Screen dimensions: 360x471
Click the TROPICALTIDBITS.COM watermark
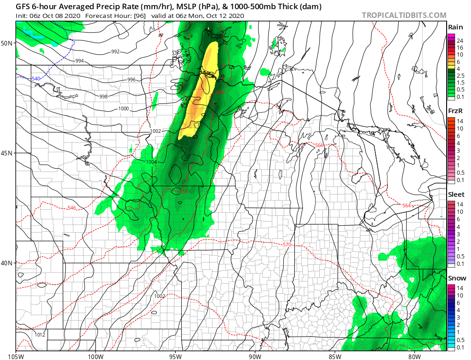404,15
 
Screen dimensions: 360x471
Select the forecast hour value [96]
138,16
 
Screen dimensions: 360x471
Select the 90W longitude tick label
255,355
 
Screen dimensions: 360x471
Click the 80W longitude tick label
414,355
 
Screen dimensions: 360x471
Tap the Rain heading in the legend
455,27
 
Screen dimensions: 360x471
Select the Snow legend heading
457,278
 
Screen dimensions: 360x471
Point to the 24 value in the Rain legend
459,40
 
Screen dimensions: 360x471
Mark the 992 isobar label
116,52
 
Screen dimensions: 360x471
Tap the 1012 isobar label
40,335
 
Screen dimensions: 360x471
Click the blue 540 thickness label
35,79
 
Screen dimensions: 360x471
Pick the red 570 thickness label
287,245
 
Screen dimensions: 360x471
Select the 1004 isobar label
151,162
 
